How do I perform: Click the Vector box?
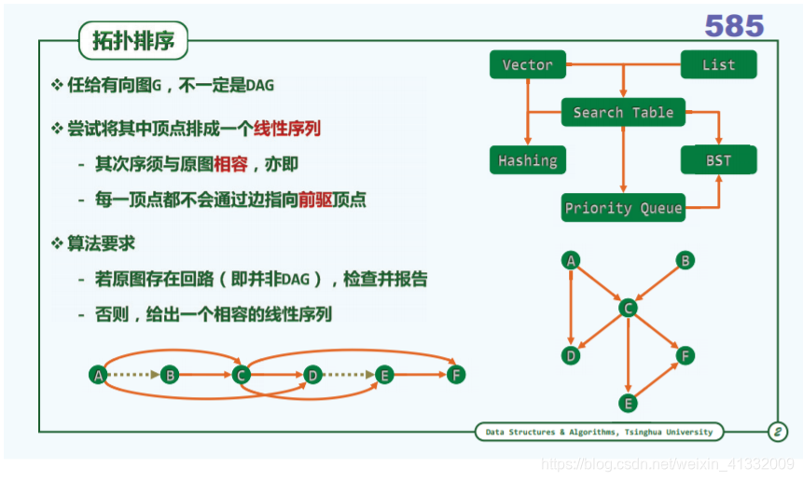tap(528, 65)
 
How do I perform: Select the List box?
tap(718, 65)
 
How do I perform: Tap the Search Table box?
tap(623, 113)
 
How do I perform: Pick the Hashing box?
tap(528, 160)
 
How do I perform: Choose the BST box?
tap(718, 160)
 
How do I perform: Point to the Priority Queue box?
tap(623, 208)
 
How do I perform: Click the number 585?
tap(734, 26)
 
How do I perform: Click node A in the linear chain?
tap(97, 375)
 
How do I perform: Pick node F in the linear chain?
tap(455, 375)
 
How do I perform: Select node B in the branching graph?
tap(685, 261)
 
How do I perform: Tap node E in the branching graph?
tap(628, 403)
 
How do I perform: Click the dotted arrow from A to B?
tap(132, 375)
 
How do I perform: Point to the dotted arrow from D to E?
tap(348, 375)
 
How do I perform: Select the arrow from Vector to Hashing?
tap(528, 113)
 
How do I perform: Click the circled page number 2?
tap(777, 432)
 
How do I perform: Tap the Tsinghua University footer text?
tap(598, 432)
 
